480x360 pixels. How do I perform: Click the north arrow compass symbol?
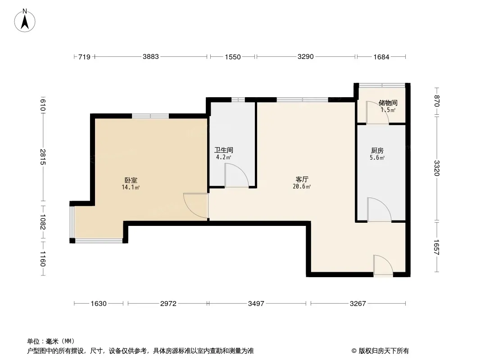(25, 21)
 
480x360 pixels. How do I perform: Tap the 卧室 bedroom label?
(131, 180)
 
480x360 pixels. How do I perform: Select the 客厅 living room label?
(302, 179)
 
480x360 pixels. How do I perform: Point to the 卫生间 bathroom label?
(224, 150)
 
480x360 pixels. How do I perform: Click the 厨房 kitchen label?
(377, 150)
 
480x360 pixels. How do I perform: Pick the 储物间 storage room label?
(388, 103)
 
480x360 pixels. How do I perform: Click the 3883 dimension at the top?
(150, 57)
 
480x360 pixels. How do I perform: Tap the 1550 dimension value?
(233, 57)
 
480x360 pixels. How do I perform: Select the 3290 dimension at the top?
(305, 57)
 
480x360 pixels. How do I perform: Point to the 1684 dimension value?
(381, 57)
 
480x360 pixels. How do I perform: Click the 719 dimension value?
(84, 57)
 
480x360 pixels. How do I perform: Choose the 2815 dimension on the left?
(42, 157)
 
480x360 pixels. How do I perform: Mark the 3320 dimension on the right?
(437, 168)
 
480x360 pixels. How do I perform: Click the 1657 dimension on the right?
(437, 247)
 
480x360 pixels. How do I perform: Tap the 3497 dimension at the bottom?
(256, 303)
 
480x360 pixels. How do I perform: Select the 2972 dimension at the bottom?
(168, 303)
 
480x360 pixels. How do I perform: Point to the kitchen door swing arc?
(384, 204)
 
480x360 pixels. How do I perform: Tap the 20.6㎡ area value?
(302, 187)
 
